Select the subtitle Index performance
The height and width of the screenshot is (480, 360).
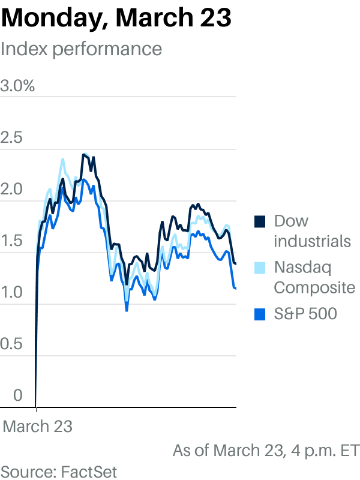pyautogui.click(x=81, y=49)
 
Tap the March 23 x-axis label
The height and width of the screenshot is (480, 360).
pyautogui.click(x=38, y=427)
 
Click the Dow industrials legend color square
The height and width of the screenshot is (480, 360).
pyautogui.click(x=260, y=221)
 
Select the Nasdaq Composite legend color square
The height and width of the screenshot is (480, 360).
pyautogui.click(x=260, y=267)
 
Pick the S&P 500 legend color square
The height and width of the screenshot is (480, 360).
pyautogui.click(x=260, y=313)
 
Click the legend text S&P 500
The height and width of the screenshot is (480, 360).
pyautogui.click(x=305, y=313)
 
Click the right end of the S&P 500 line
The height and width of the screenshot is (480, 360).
pyautogui.click(x=235, y=289)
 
